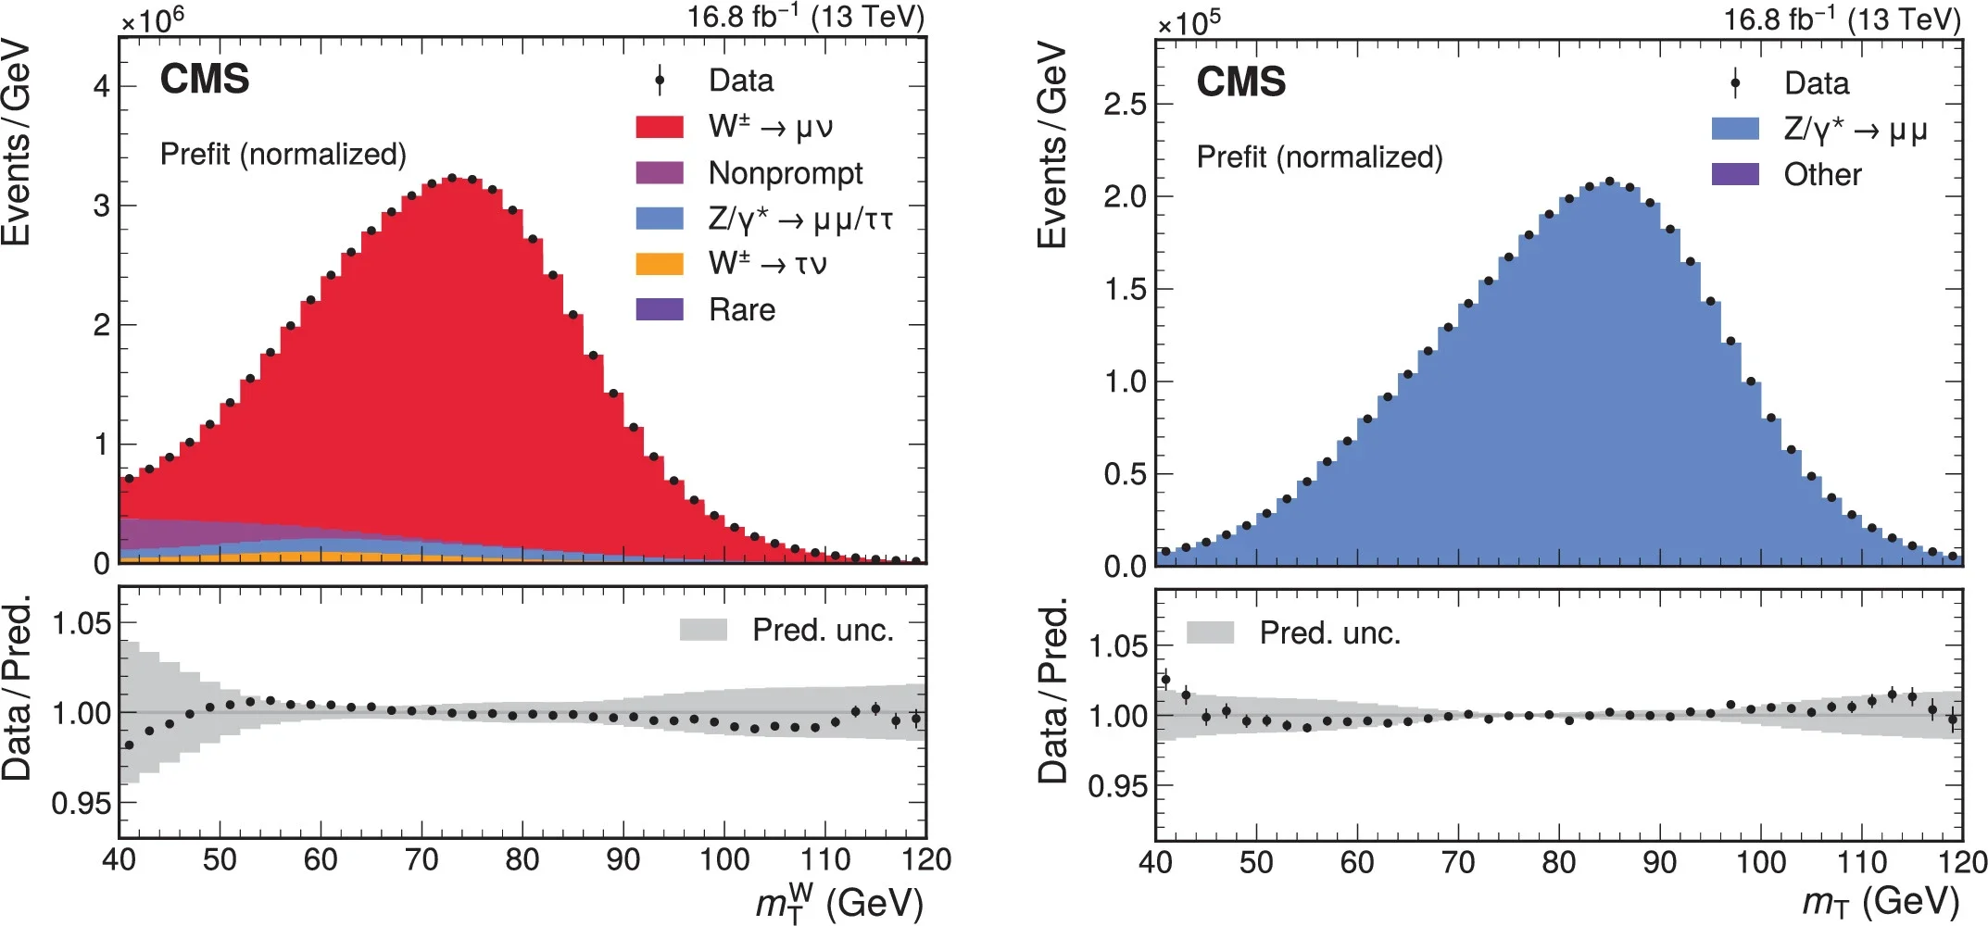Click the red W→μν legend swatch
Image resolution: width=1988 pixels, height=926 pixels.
(x=660, y=127)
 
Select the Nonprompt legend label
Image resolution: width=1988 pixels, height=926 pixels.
(x=786, y=173)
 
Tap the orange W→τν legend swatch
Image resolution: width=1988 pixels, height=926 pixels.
(x=660, y=264)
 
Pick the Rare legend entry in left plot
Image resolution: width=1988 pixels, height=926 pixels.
(x=741, y=309)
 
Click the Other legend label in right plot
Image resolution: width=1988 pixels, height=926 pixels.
(x=1822, y=175)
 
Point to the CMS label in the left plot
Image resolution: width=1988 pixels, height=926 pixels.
(x=205, y=79)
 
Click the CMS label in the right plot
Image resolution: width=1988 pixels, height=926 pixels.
(x=1240, y=81)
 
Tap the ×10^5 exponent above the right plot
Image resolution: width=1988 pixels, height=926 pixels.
(x=1189, y=21)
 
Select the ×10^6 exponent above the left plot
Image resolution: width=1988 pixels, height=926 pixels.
(x=152, y=19)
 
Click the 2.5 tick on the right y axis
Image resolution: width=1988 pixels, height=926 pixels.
(x=1124, y=104)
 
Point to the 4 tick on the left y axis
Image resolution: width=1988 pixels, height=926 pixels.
(x=101, y=86)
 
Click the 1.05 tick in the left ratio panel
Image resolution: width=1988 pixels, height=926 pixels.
(x=82, y=624)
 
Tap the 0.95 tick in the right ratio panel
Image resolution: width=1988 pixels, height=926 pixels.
(x=1117, y=786)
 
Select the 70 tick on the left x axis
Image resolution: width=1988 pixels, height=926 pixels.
(x=422, y=860)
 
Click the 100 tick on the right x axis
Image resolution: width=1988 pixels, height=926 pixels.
(x=1760, y=863)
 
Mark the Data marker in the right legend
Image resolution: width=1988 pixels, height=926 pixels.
(x=1735, y=83)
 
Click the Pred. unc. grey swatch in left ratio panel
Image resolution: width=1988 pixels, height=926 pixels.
(x=703, y=631)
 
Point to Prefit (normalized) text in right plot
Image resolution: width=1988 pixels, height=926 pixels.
(x=1319, y=157)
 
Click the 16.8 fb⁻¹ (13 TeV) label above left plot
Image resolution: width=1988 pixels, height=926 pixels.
(x=805, y=17)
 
